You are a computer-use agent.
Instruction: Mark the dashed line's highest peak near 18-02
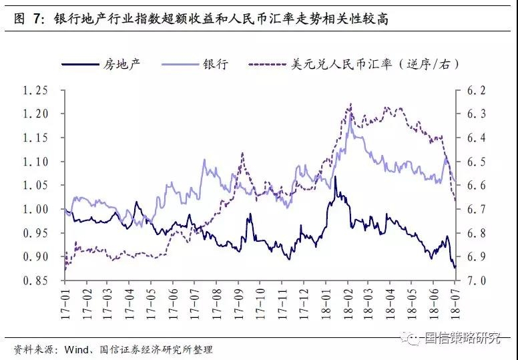point(350,104)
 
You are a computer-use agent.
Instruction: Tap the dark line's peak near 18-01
point(335,177)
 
